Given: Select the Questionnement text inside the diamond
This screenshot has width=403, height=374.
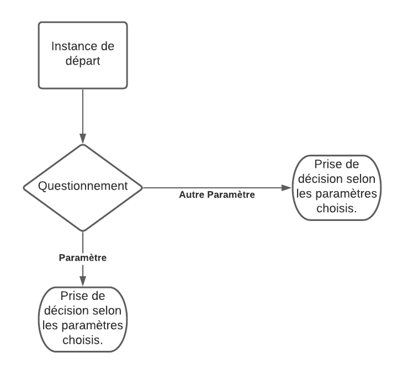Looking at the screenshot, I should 82,186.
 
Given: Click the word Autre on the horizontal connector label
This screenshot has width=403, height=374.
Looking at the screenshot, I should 191,195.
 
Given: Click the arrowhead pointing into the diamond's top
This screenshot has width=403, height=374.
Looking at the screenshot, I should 82,139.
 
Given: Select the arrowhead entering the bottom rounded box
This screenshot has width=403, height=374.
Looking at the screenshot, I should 82,281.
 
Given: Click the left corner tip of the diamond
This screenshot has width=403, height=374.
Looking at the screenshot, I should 23,188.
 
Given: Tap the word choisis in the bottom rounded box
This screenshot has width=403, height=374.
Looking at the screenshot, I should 82,341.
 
